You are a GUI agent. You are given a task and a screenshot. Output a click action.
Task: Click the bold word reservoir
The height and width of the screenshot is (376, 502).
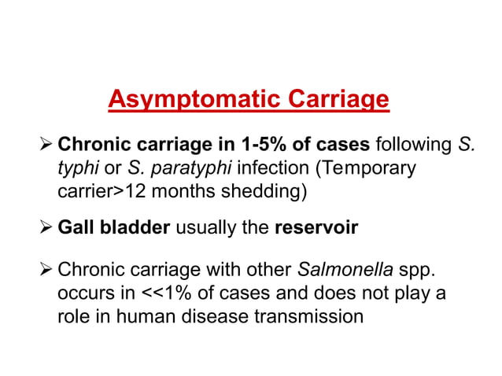pos(316,228)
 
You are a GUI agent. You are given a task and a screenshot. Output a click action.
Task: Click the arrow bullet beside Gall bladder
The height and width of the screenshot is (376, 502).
pos(48,228)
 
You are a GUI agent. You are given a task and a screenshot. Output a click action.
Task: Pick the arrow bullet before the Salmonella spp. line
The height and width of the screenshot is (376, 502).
pos(48,271)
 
